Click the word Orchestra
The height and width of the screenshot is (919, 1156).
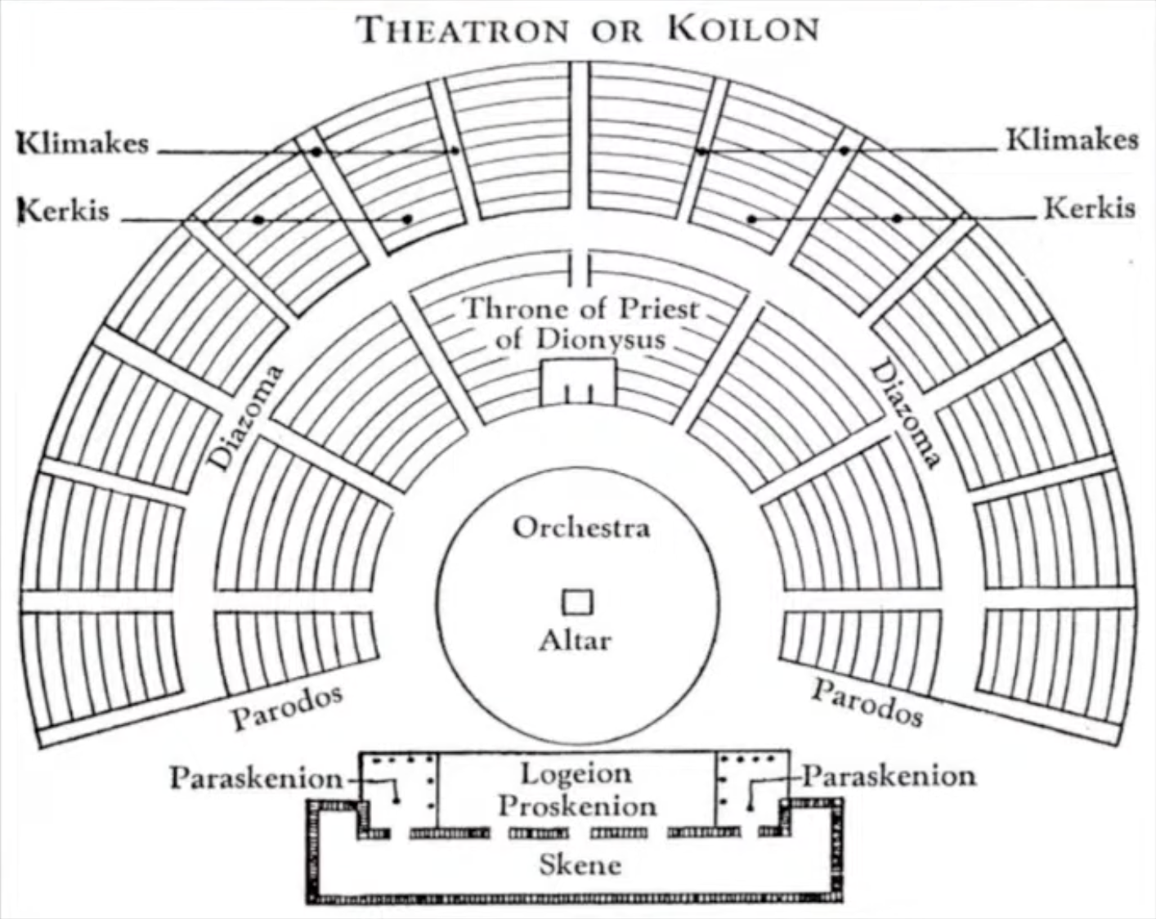581,527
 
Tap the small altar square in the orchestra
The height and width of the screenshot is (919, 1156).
577,603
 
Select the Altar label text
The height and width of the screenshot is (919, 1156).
575,639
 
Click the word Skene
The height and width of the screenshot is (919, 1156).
580,864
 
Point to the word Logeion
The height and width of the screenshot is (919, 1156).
577,773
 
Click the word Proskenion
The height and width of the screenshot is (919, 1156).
577,806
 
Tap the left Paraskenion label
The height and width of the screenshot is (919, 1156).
256,778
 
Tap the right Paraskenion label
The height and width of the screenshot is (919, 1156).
889,775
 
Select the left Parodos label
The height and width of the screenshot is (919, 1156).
286,708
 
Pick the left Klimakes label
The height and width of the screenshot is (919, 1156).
83,143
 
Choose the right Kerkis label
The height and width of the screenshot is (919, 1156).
1089,208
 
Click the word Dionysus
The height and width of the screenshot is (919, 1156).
580,338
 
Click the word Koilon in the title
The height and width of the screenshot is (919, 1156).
743,29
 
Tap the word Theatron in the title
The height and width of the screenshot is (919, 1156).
464,30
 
